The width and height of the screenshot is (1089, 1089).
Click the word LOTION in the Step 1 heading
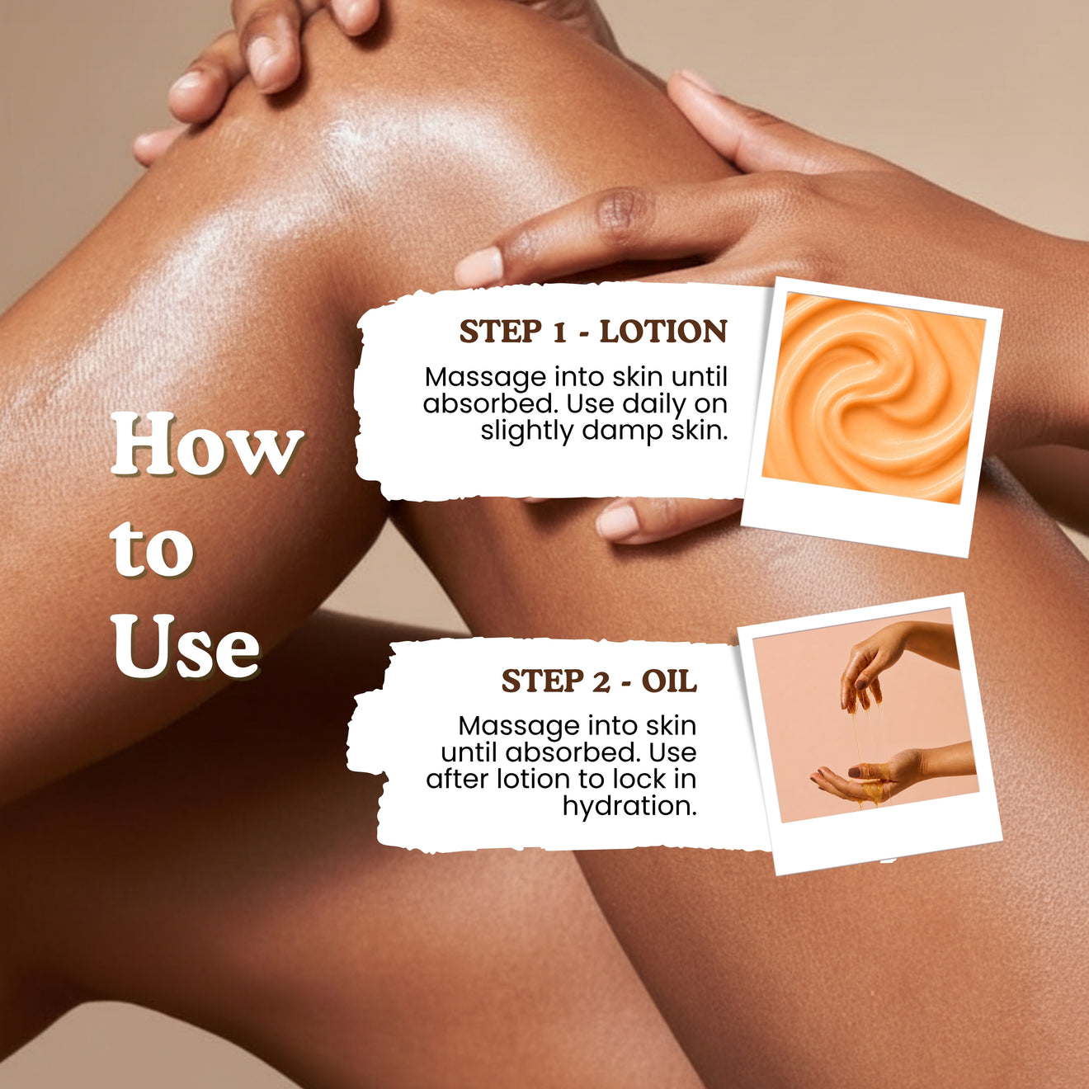pos(663,331)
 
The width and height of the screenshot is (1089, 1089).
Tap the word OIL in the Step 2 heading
pos(669,681)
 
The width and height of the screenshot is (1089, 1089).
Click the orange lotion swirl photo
pos(873,398)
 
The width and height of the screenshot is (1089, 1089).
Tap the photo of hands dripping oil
pos(865,715)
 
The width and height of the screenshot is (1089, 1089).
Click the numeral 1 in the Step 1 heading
pos(559,332)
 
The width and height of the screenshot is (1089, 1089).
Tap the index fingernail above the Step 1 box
pos(478,266)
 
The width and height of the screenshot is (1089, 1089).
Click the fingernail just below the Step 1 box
pos(618,521)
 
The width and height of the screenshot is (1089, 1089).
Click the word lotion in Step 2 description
pos(531,780)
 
